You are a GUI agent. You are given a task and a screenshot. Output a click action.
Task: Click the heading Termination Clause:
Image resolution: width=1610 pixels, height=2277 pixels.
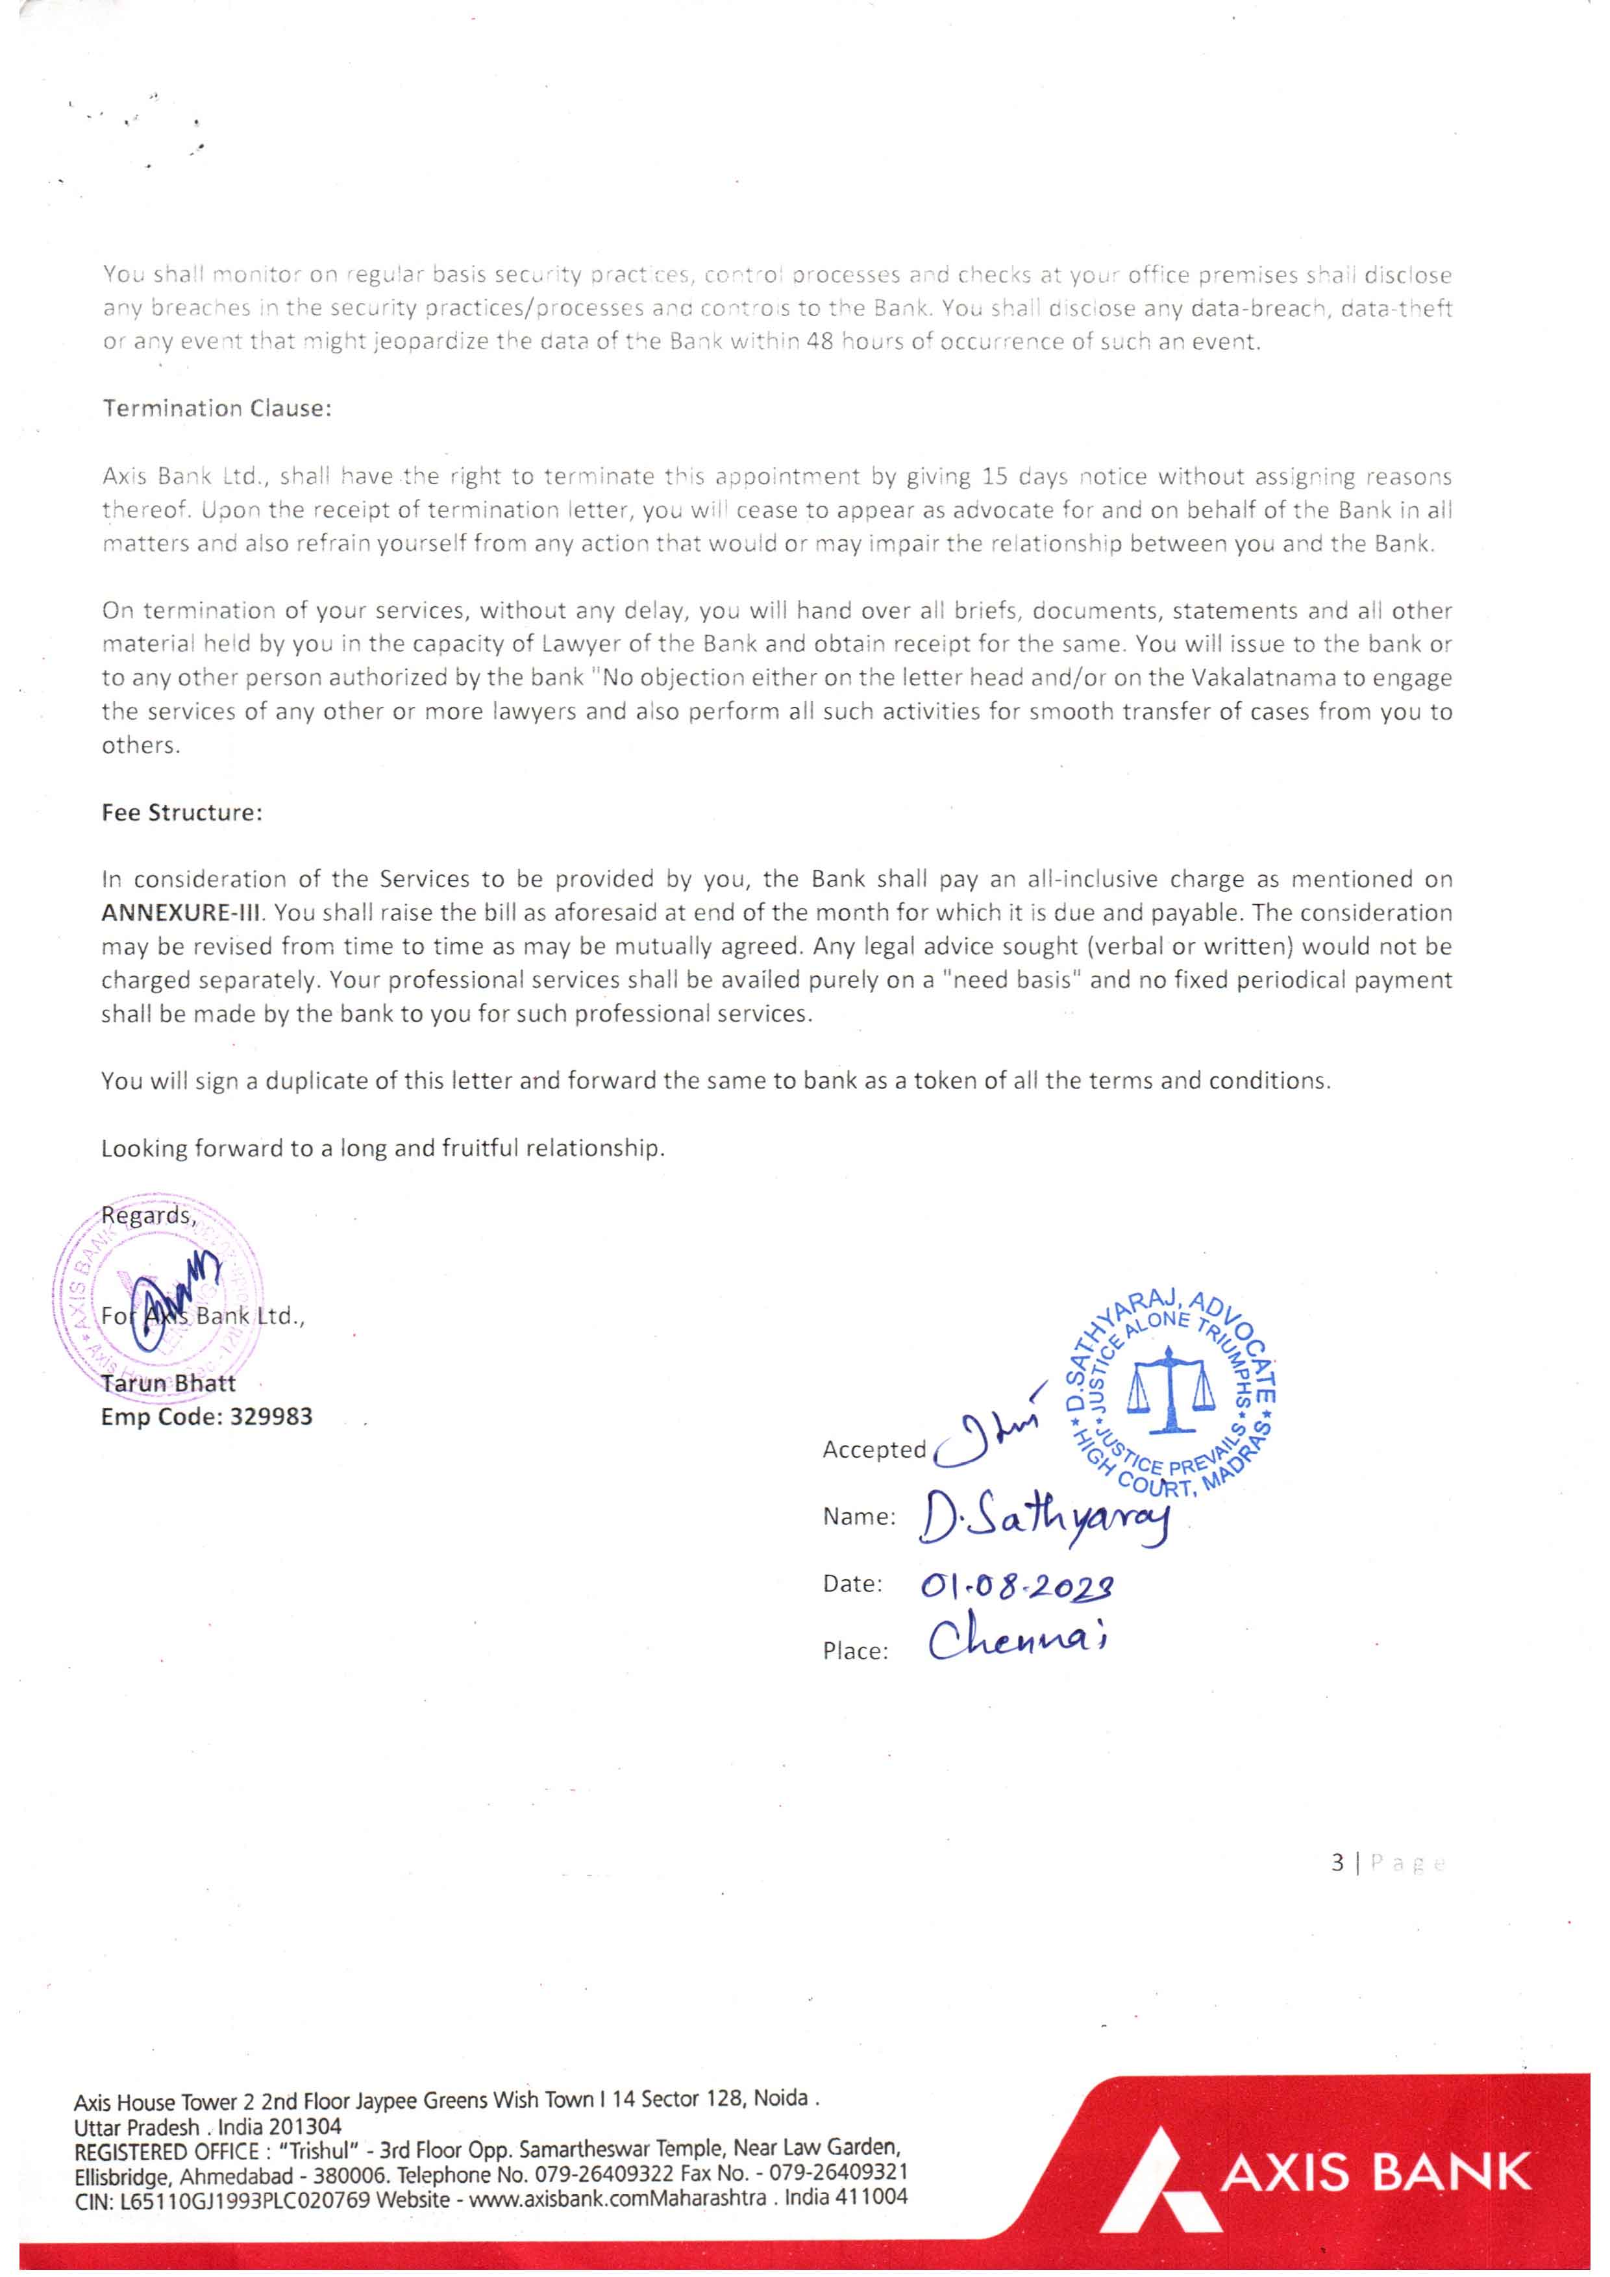tap(216, 408)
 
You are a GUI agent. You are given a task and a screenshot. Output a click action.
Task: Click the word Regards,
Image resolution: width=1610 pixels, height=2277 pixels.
tap(149, 1216)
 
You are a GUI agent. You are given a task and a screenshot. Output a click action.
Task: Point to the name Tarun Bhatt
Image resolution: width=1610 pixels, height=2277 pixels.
tap(169, 1383)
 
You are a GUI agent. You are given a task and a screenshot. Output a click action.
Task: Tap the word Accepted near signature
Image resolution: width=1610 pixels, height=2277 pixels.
tap(874, 1450)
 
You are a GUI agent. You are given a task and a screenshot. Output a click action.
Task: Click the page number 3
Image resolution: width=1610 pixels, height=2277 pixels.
tap(1337, 1864)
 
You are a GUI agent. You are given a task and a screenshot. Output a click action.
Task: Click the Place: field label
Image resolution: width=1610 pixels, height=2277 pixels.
tap(855, 1651)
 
